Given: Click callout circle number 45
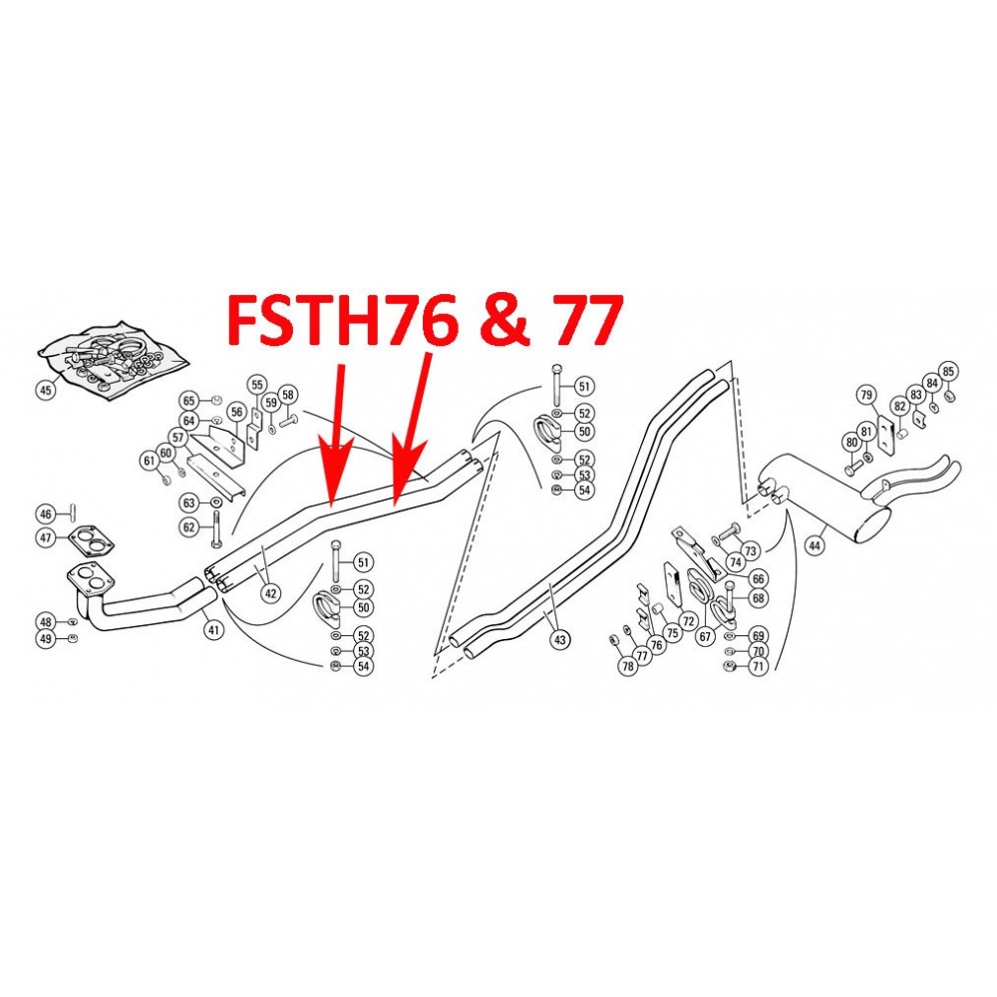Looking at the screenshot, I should pos(45,390).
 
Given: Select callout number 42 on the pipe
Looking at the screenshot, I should pos(270,592).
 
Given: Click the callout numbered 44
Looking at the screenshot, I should pos(816,545).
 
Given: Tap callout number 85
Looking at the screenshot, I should pos(948,372).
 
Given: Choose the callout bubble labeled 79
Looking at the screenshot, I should pos(865,395).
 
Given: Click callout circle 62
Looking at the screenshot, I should pos(189,527).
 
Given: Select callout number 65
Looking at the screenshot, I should pos(188,401).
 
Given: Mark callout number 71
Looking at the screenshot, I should pos(759,666).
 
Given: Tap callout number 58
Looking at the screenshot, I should pos(287,394).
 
